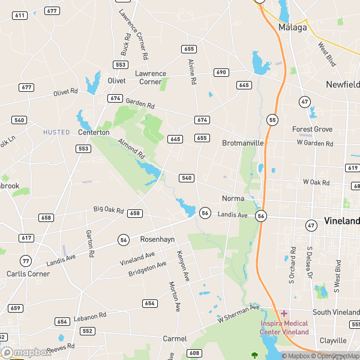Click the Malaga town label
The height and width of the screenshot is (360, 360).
[293, 28]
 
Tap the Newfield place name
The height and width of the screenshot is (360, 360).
[343, 85]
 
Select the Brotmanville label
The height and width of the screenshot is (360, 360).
[243, 143]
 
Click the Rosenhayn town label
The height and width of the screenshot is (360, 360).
[157, 239]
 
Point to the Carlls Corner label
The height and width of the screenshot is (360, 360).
[25, 274]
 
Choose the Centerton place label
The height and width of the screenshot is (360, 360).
[94, 132]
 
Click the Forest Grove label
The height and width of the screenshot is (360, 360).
[312, 129]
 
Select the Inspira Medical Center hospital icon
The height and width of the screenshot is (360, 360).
[284, 314]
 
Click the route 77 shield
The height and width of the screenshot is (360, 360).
[25, 260]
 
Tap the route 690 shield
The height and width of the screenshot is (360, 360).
[221, 73]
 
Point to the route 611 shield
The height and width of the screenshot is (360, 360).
[20, 15]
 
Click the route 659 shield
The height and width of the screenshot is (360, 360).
[16, 308]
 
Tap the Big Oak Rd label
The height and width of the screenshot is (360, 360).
[109, 210]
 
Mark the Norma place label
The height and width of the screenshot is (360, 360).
[233, 198]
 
